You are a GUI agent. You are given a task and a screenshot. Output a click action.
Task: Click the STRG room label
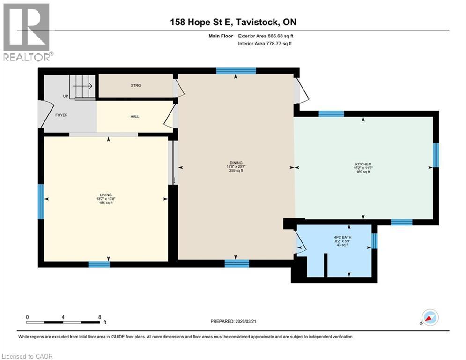pos(136,86)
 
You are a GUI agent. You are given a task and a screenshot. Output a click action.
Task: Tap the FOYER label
pos(61,115)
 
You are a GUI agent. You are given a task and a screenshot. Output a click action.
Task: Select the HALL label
pos(134,117)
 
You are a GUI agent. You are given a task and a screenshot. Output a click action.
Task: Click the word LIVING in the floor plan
pos(106,195)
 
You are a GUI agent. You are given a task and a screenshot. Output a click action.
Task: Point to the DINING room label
pos(236,163)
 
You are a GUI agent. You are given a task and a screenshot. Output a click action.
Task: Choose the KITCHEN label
pos(363,164)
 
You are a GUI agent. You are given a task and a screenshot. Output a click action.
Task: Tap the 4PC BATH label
pos(343,237)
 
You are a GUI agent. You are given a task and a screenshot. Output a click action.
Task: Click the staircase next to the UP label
pos(82,86)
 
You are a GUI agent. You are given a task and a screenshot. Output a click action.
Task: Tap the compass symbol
pos(430,317)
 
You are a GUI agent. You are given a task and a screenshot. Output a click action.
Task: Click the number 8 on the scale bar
pos(100,317)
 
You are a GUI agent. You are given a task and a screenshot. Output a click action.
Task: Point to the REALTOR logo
pos(27,32)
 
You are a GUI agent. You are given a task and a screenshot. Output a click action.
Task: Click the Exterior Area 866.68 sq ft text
pos(266,36)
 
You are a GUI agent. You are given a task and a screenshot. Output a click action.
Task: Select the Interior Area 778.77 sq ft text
pos(265,44)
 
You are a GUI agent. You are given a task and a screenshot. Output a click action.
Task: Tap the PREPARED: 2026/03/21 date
pos(233,321)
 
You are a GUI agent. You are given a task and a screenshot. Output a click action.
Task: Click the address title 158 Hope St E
pos(201,22)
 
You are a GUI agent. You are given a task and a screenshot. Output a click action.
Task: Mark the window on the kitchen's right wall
pos(436,155)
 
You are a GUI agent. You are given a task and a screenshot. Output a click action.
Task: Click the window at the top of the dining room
pos(236,71)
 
